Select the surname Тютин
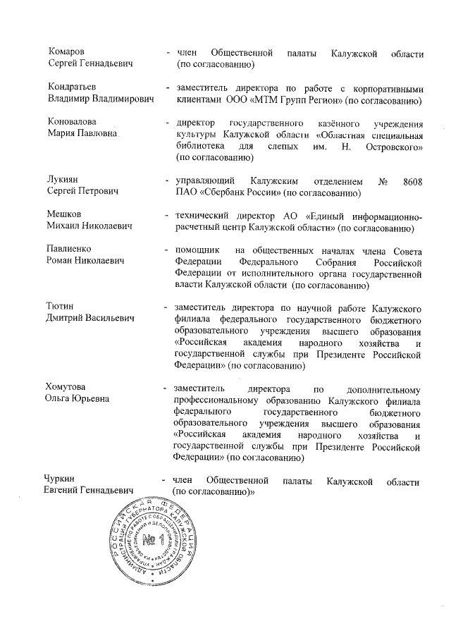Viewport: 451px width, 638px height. coord(61,307)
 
